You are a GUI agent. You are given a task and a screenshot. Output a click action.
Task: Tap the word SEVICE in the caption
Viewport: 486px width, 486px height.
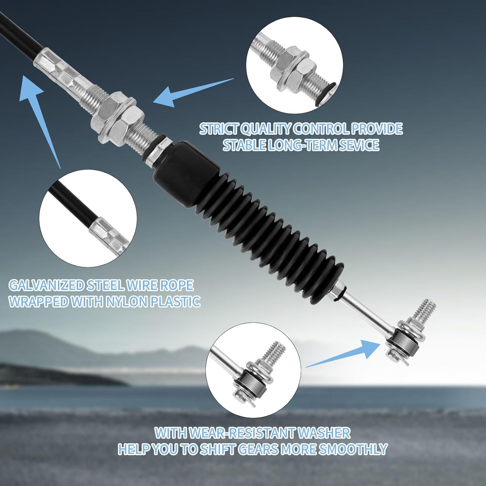point(359,145)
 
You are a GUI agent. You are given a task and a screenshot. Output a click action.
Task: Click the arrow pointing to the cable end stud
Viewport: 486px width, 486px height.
point(343,353)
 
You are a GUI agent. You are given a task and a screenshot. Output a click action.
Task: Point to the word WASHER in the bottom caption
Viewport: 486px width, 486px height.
point(324,433)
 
